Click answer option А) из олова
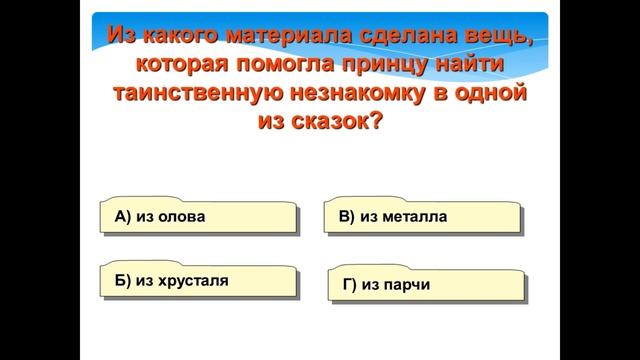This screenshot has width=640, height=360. (198, 215)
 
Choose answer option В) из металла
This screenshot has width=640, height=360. (422, 215)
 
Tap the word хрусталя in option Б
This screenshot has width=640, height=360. (188, 280)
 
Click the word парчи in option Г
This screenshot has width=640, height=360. (407, 285)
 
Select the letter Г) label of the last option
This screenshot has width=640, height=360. (349, 285)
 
